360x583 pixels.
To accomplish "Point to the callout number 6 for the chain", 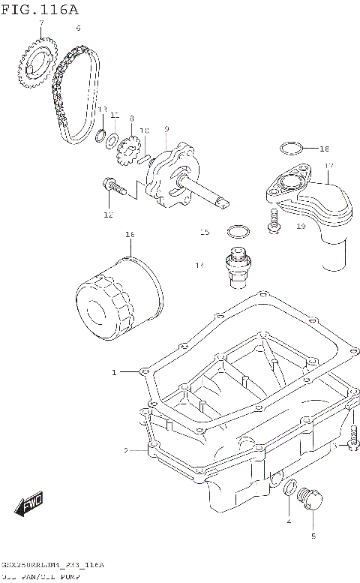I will click(77, 28).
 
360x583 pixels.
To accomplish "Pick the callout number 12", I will click(108, 215).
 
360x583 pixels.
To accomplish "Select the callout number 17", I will click(328, 165).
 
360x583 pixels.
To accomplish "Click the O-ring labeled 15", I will click(238, 230).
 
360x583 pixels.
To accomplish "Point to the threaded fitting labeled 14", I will click(235, 267).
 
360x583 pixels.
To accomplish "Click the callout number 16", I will click(129, 235).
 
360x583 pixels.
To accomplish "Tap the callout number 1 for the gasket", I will click(115, 372).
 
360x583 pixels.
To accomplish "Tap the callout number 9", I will click(166, 129).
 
